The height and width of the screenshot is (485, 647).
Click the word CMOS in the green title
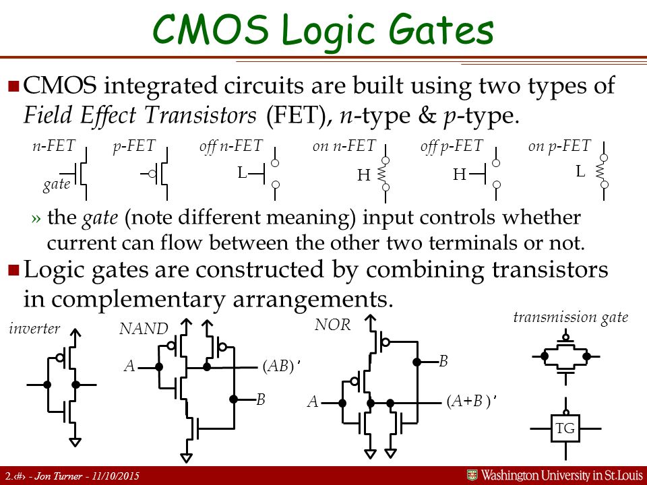(x=210, y=29)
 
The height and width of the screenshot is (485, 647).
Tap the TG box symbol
(x=565, y=428)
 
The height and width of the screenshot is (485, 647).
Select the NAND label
(x=144, y=329)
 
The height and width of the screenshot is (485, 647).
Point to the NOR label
(x=332, y=325)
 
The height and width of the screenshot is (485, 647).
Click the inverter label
(x=34, y=328)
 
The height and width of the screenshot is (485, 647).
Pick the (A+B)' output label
(x=471, y=401)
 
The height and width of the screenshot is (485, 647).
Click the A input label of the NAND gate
(x=129, y=366)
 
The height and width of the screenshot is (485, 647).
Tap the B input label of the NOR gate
(x=443, y=361)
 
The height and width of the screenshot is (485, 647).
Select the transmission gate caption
(x=571, y=317)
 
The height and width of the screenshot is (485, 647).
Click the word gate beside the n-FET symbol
(x=57, y=184)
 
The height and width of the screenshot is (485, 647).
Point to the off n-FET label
(x=231, y=145)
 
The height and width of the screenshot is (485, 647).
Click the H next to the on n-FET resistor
(x=363, y=175)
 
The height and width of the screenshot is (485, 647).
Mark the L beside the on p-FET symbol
(x=580, y=171)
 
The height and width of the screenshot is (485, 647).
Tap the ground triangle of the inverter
(x=75, y=442)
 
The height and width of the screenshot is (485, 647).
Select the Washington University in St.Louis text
(x=562, y=476)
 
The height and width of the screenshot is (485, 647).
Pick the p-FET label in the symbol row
(x=134, y=145)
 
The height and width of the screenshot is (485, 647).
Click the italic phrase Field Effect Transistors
(x=140, y=115)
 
